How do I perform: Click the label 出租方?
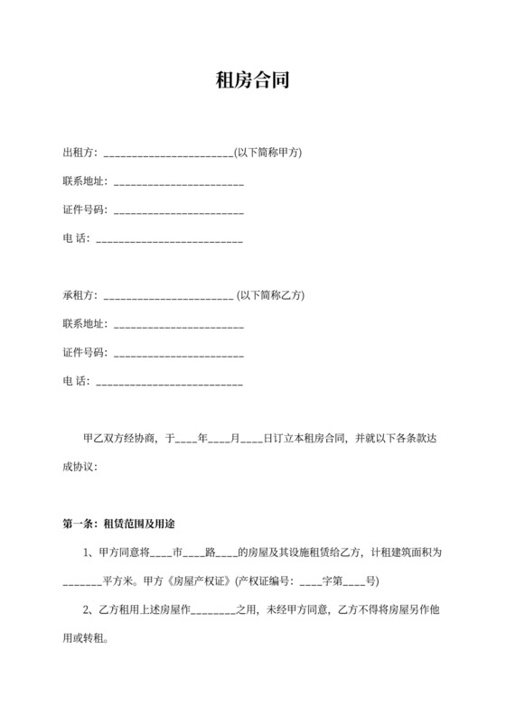tap(79, 153)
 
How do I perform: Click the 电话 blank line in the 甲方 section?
tap(169, 240)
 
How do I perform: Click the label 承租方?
tap(79, 294)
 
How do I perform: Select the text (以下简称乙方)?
tap(270, 294)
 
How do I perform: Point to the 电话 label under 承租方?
tap(75, 382)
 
